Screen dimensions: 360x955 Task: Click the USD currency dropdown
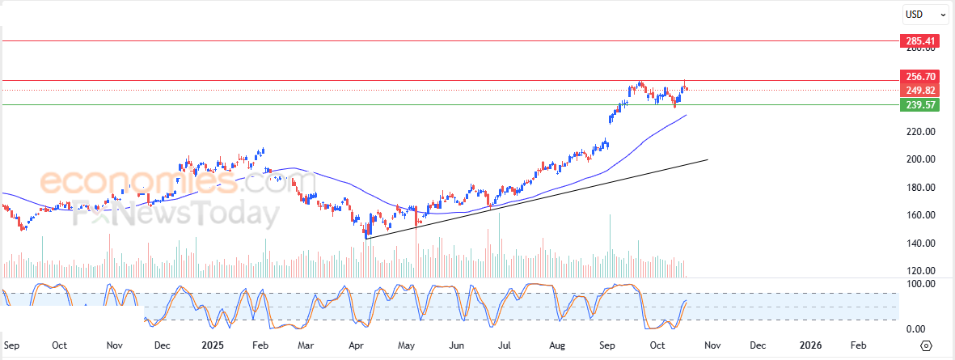pos(925,15)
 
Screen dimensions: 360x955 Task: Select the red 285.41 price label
pos(920,40)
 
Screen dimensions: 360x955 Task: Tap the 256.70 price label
pos(920,77)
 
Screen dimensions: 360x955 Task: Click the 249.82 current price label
pos(920,90)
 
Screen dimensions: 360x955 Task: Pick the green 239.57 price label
pos(920,105)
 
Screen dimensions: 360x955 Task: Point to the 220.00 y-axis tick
pos(920,131)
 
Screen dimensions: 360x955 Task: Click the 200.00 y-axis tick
pos(920,159)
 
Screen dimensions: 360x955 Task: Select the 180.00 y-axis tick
pos(920,188)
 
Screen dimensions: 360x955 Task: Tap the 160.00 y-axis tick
pos(920,215)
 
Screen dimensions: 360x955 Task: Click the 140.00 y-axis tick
pos(920,244)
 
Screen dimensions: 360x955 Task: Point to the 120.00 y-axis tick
pos(920,271)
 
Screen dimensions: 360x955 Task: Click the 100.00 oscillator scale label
pos(920,284)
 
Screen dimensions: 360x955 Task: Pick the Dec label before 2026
pos(759,345)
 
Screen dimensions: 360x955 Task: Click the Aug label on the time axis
pos(558,345)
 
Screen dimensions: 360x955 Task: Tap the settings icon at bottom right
pos(927,345)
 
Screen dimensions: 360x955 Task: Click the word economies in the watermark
pos(138,183)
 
